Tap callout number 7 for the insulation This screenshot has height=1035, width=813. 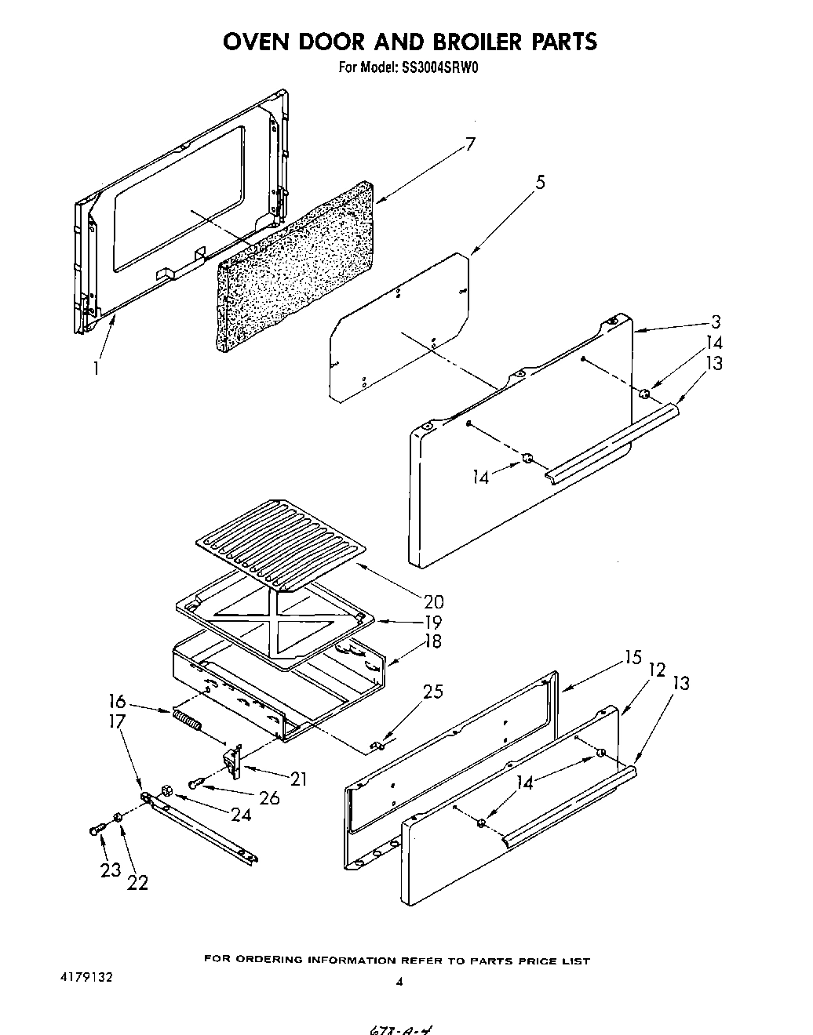point(469,146)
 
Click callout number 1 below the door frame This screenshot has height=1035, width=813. point(97,367)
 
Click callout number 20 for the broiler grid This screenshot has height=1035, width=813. point(433,602)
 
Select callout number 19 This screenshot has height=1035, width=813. point(432,622)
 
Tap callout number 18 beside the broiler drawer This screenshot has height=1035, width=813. point(432,641)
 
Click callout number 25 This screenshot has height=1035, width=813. point(432,692)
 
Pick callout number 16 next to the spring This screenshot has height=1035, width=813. point(118,702)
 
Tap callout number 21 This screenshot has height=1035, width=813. point(298,779)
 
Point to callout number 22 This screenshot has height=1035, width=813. point(137,883)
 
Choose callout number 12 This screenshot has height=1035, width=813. point(657,670)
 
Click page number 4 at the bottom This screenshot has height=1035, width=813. point(399,981)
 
